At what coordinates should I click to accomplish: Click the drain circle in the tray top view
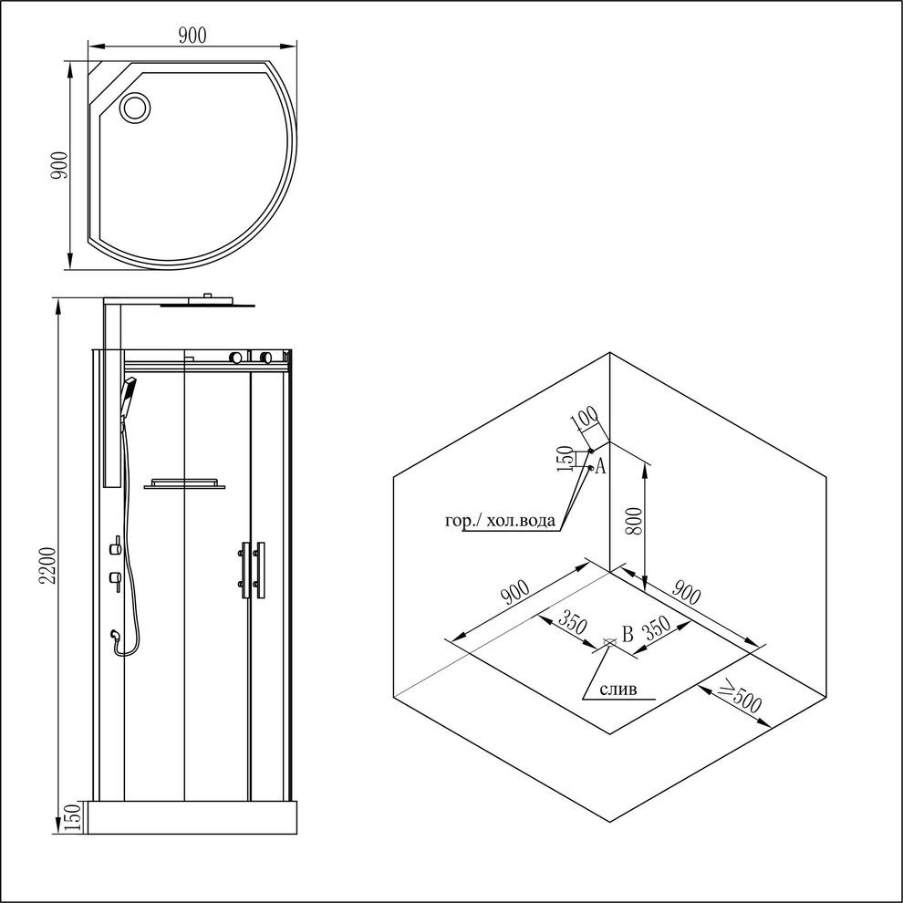tap(135, 107)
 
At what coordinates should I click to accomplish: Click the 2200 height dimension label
tap(48, 566)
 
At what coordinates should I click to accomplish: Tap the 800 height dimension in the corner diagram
tap(634, 521)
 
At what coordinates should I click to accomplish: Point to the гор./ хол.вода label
tap(501, 521)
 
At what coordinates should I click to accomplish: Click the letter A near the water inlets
tap(600, 466)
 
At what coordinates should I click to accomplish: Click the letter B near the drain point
tap(628, 635)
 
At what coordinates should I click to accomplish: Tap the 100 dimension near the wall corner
tap(585, 420)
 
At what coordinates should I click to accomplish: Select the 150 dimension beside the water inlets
tap(565, 459)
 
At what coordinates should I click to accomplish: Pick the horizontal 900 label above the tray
tap(192, 36)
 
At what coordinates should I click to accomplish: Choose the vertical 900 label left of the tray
tap(59, 165)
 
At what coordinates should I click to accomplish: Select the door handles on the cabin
tap(253, 571)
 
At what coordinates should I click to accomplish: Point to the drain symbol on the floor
tap(608, 641)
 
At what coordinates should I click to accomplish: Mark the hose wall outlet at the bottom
tap(116, 635)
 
